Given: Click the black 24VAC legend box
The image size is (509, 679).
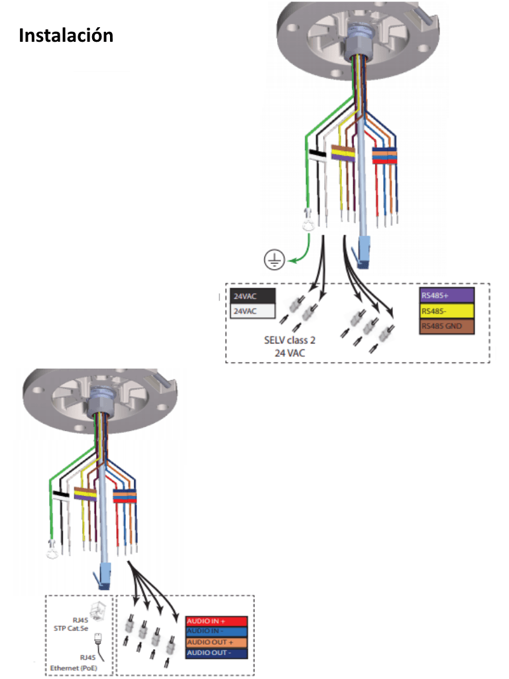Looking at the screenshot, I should (253, 296).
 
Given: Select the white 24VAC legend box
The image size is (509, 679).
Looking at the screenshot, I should (253, 310).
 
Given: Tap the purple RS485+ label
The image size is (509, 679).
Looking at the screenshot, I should (446, 294).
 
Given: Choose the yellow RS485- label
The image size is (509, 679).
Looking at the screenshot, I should (446, 311).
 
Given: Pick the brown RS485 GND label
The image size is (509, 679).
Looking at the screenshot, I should (446, 327).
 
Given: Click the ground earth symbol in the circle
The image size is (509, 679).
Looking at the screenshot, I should (274, 261).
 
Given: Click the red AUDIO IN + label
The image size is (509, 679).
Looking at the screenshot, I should (216, 621).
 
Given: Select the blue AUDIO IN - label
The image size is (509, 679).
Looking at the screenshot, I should (216, 632).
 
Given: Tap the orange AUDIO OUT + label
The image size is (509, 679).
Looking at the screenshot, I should (216, 643).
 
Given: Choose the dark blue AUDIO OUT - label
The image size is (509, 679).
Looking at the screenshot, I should (216, 653).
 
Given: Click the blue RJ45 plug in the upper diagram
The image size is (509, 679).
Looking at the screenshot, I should (364, 254).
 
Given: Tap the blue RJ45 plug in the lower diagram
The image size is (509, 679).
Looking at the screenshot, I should (105, 577).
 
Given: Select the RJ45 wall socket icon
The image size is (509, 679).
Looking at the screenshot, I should (97, 609).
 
